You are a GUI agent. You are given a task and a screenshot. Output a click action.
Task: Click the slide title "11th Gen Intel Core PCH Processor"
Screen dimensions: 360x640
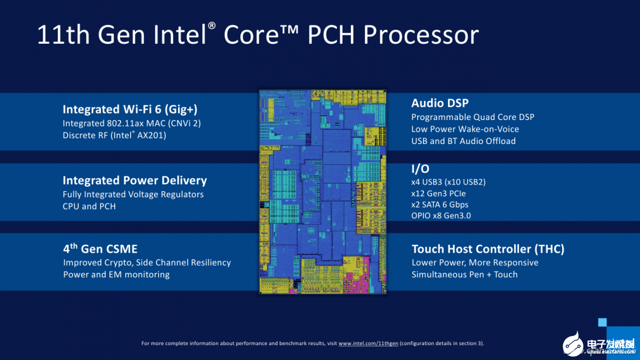(258, 35)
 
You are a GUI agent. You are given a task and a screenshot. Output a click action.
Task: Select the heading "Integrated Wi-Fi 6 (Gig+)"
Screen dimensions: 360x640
(130, 109)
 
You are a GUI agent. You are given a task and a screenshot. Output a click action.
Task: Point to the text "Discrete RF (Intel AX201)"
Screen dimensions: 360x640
(115, 135)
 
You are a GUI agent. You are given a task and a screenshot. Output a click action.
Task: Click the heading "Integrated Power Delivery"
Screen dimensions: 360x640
(134, 180)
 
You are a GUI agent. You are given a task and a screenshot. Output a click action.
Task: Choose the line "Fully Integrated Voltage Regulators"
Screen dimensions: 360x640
(133, 194)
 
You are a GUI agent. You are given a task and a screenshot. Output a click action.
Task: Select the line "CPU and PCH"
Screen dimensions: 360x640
(89, 206)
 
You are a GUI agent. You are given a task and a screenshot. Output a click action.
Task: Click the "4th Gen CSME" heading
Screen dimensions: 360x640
(100, 249)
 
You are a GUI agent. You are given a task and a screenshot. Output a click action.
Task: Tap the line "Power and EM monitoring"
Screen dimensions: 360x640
(116, 275)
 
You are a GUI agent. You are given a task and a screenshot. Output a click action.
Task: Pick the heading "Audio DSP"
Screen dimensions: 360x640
(440, 103)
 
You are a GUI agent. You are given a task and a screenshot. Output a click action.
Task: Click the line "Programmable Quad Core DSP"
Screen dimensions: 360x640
(473, 117)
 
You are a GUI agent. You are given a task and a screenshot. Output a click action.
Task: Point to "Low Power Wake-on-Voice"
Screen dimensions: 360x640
(465, 129)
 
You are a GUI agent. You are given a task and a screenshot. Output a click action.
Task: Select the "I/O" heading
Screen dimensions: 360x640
(420, 169)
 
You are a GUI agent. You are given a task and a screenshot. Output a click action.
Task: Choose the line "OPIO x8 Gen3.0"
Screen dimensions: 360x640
(441, 215)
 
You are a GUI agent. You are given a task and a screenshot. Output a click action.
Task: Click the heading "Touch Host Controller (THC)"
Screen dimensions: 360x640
(488, 249)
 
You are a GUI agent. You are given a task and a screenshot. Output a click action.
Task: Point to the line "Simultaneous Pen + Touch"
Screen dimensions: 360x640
(465, 275)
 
